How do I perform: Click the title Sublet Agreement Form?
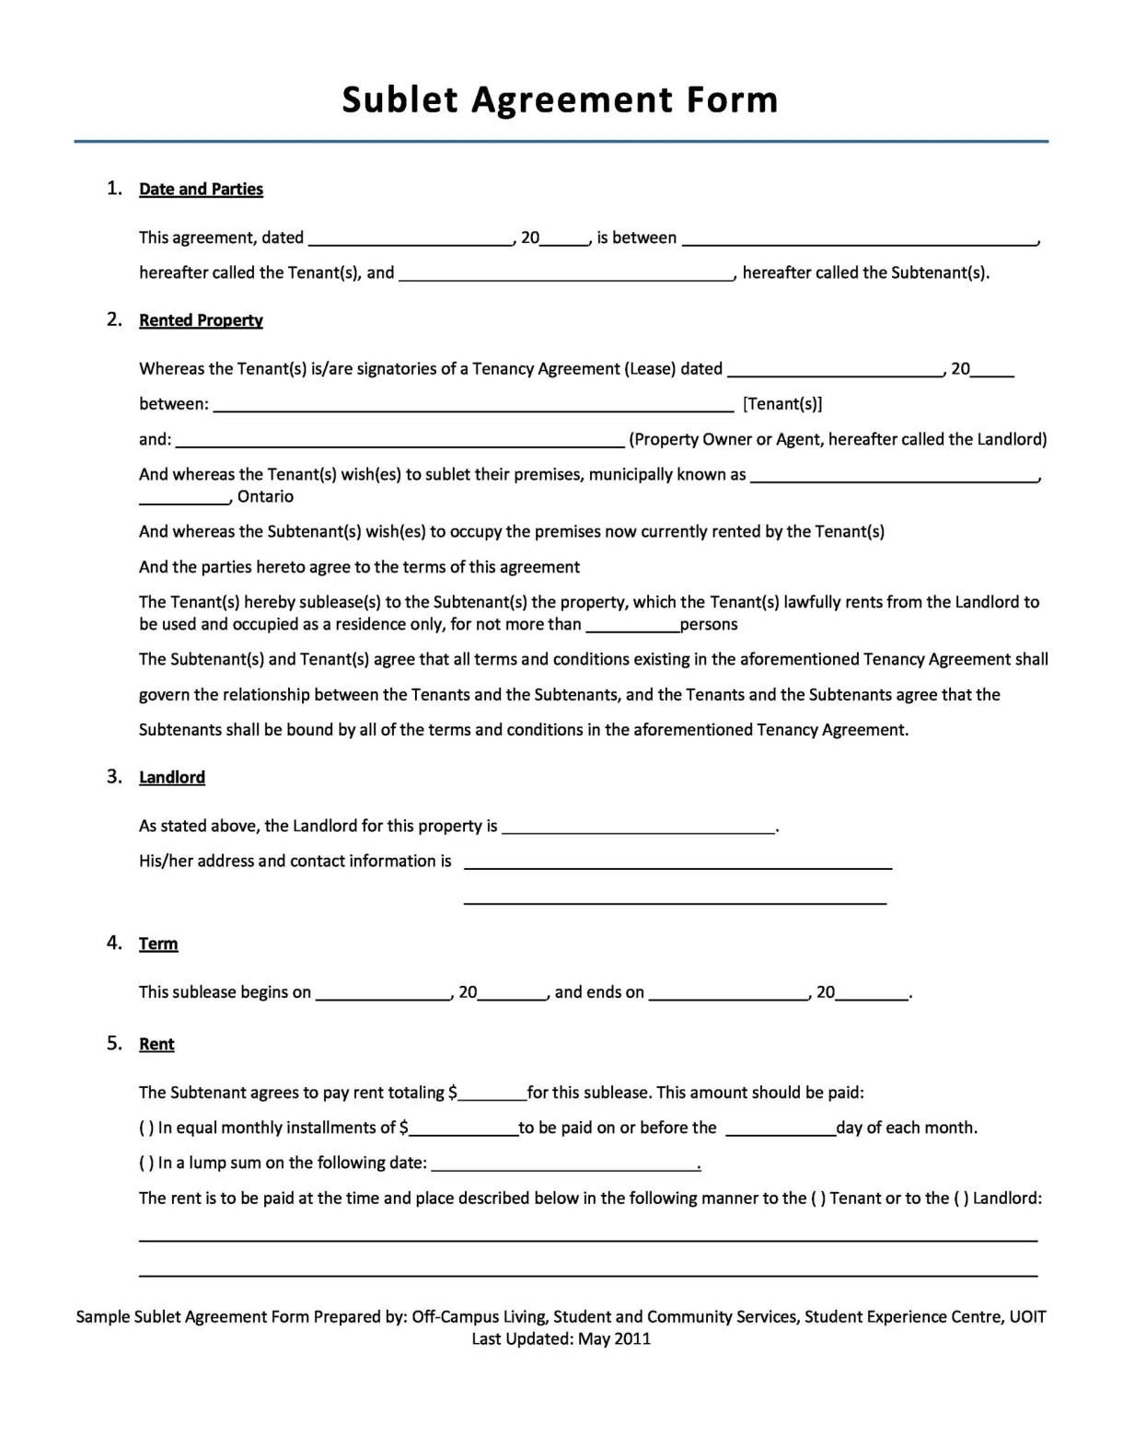pyautogui.click(x=560, y=99)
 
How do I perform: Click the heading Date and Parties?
pyautogui.click(x=201, y=189)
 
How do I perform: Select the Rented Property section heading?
pyautogui.click(x=201, y=320)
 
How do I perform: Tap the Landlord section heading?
pyautogui.click(x=171, y=777)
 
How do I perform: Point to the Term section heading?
pyautogui.click(x=158, y=943)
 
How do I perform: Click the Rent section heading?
pyautogui.click(x=156, y=1044)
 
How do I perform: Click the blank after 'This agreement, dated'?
pyautogui.click(x=411, y=238)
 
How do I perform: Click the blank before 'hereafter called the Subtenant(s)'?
pyautogui.click(x=566, y=273)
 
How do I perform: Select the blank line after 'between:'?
pyautogui.click(x=473, y=404)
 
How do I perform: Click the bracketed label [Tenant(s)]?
pyautogui.click(x=782, y=404)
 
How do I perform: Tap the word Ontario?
pyautogui.click(x=265, y=497)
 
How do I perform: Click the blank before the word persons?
pyautogui.click(x=632, y=625)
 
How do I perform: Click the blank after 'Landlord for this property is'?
pyautogui.click(x=639, y=827)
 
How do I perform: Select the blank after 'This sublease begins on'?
pyautogui.click(x=383, y=992)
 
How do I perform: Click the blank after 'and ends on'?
pyautogui.click(x=727, y=992)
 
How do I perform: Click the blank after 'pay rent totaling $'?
pyautogui.click(x=492, y=1093)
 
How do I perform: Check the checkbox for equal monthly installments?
pyautogui.click(x=146, y=1128)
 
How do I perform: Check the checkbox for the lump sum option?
pyautogui.click(x=146, y=1163)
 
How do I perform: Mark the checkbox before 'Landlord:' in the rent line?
pyautogui.click(x=961, y=1198)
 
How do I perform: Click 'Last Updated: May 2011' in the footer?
pyautogui.click(x=561, y=1338)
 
